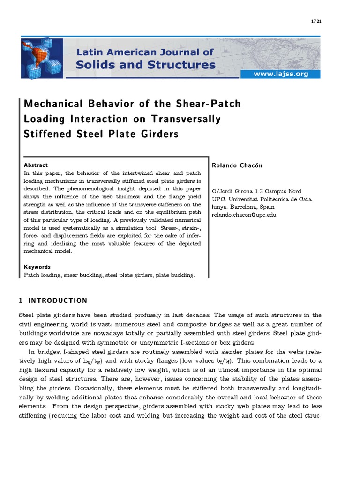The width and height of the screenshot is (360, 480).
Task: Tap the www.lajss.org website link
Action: click(280, 74)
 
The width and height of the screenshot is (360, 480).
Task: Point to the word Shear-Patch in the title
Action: click(210, 104)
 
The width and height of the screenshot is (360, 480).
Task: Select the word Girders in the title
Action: click(157, 134)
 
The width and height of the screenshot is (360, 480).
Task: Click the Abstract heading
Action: click(36, 165)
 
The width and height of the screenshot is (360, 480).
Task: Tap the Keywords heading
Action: click(37, 267)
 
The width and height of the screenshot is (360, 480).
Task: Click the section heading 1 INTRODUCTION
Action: click(52, 300)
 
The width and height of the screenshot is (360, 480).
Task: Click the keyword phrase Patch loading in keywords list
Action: click(40, 275)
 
